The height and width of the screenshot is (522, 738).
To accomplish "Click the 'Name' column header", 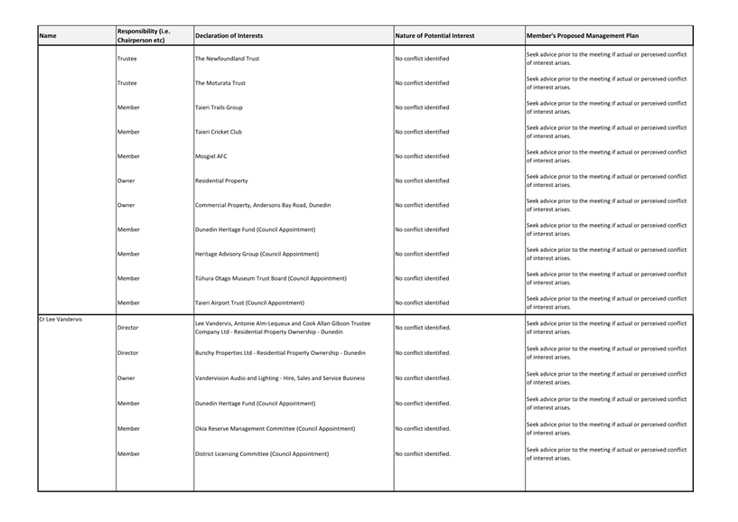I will pyautogui.click(x=48, y=36).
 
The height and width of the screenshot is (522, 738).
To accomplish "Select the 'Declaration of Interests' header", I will pyautogui.click(x=229, y=36).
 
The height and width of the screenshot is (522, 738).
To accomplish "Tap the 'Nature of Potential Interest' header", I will pyautogui.click(x=434, y=36).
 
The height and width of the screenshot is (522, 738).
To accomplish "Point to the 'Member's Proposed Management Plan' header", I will pyautogui.click(x=582, y=36).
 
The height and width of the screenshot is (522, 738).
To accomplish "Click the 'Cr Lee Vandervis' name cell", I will pyautogui.click(x=61, y=320).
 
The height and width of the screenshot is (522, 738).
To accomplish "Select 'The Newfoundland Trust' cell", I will pyautogui.click(x=228, y=59).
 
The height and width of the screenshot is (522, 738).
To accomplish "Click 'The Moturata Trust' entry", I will pyautogui.click(x=220, y=83).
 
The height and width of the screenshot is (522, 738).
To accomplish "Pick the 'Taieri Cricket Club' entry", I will pyautogui.click(x=219, y=132).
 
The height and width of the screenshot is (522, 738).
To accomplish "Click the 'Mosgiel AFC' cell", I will pyautogui.click(x=212, y=156).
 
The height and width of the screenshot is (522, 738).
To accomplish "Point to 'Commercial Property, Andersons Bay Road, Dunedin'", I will pyautogui.click(x=263, y=205).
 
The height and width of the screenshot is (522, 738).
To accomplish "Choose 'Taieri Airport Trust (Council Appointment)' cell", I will pyautogui.click(x=249, y=303).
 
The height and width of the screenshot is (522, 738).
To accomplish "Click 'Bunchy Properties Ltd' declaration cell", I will pyautogui.click(x=280, y=352).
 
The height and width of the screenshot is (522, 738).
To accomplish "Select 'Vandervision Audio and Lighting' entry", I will pyautogui.click(x=280, y=378).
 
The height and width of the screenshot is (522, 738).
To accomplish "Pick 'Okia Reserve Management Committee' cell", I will pyautogui.click(x=275, y=428).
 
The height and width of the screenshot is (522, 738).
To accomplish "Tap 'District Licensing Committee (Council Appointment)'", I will pyautogui.click(x=261, y=453).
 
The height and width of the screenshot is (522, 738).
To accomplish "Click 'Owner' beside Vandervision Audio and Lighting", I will pyautogui.click(x=126, y=378).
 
